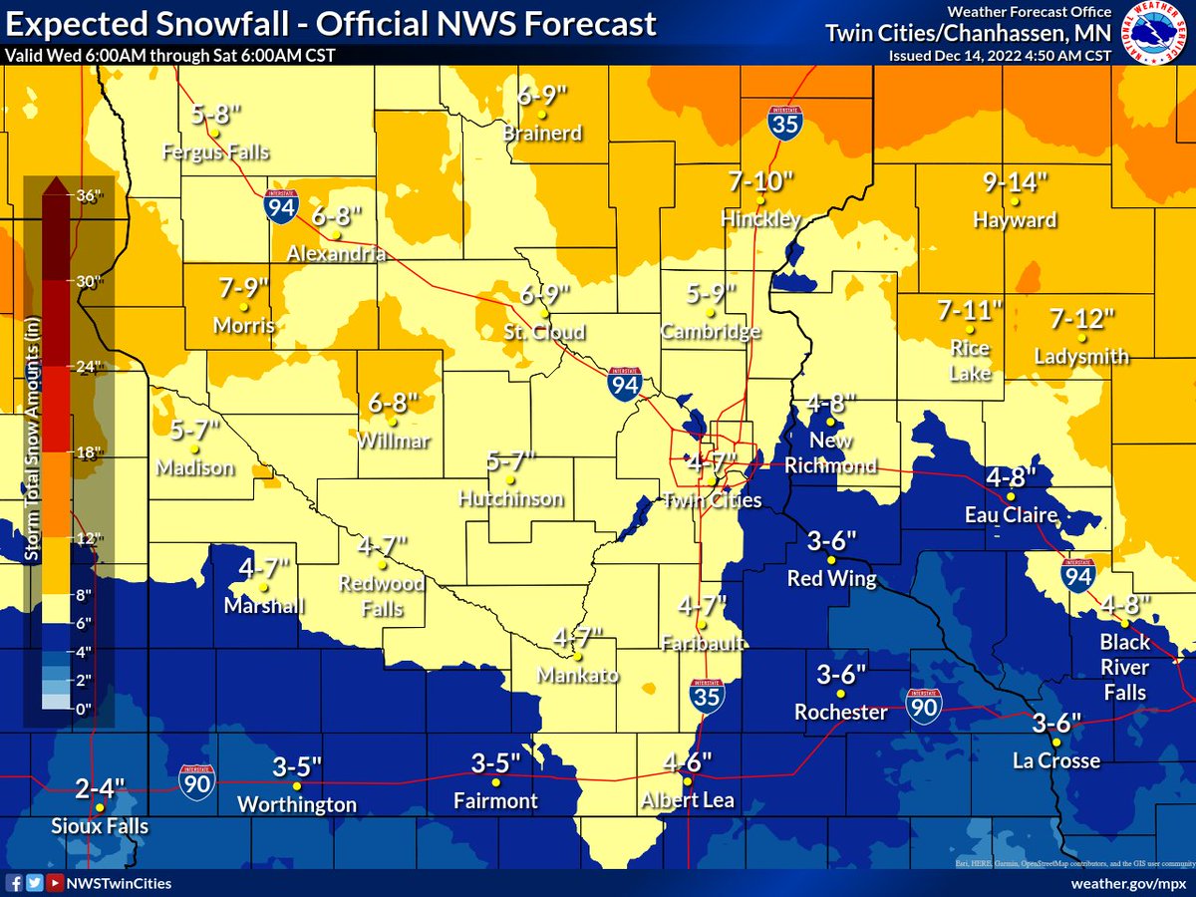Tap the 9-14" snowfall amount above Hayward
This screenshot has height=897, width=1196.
coord(1016,182)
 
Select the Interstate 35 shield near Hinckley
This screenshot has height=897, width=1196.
coord(783,122)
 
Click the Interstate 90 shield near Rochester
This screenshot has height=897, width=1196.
coord(923,705)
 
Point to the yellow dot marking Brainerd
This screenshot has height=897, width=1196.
coord(541,115)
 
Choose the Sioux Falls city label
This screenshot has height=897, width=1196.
coord(100,826)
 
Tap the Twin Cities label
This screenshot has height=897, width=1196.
coord(712,500)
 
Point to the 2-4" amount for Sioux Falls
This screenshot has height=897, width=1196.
coord(100,788)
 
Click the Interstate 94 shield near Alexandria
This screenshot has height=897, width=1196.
coord(279,206)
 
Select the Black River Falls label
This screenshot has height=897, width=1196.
coord(1124,667)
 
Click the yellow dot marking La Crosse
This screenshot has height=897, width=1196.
coord(1055,742)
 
